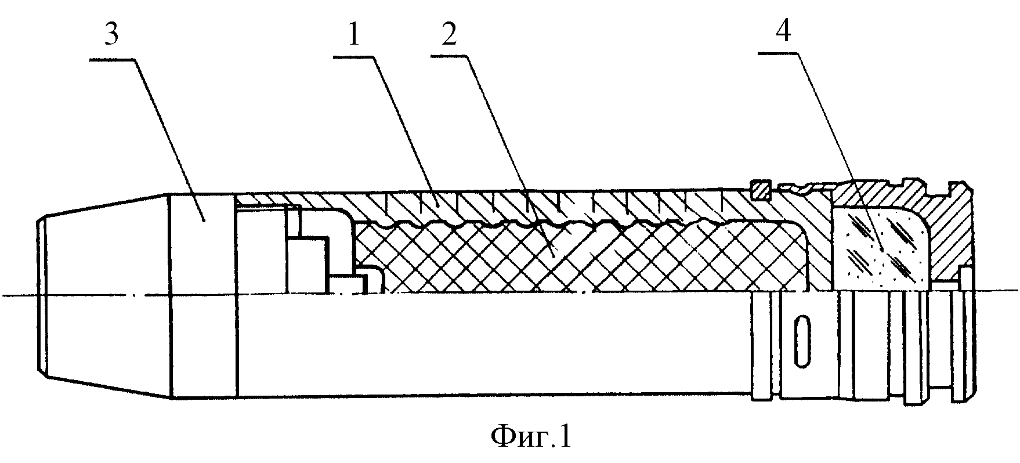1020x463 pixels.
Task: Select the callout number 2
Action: click(449, 36)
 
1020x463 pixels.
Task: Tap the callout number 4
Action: click(783, 32)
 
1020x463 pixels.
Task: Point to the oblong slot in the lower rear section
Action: click(802, 343)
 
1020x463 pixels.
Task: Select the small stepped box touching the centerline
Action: click(349, 284)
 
